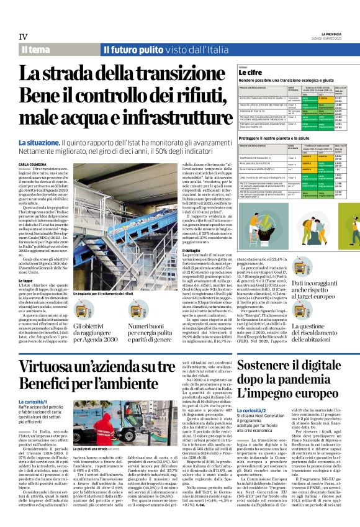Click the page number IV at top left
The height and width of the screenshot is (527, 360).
click(24, 37)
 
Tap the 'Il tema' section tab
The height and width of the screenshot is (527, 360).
click(35, 49)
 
